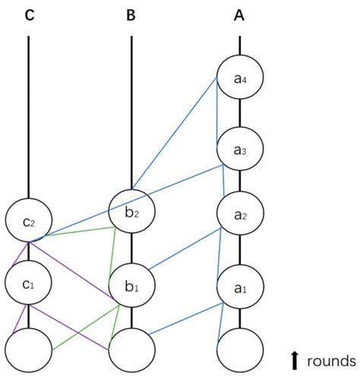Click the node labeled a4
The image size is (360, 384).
(240, 78)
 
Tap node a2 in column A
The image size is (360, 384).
(240, 216)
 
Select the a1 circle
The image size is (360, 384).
(240, 288)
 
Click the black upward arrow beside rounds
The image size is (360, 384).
(295, 360)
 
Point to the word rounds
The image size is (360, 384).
(331, 360)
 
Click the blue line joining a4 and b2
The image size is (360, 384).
(175, 132)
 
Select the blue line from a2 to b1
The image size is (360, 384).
(186, 248)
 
